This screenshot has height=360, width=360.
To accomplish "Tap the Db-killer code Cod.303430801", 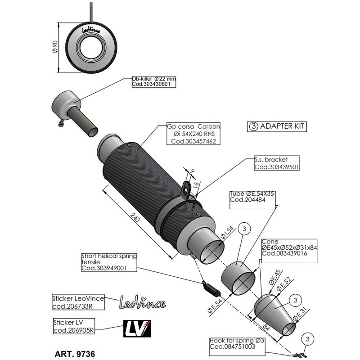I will [145, 84].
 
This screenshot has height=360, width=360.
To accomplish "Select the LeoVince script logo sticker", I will [142, 302].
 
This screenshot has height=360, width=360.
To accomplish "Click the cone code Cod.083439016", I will [284, 253].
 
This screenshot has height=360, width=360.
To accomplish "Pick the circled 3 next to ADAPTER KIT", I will [253, 126].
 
